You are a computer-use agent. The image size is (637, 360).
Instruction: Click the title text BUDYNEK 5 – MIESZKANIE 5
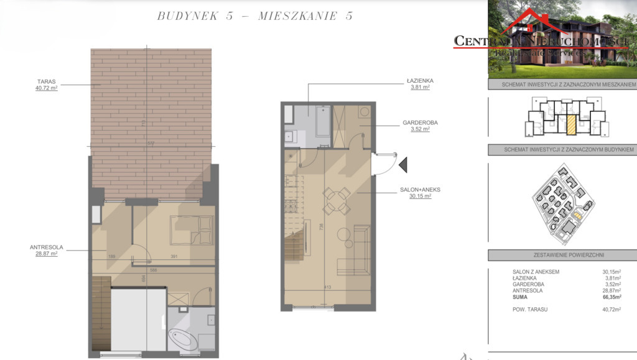click(x=255, y=16)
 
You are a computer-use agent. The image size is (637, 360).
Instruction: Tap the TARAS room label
click(x=47, y=81)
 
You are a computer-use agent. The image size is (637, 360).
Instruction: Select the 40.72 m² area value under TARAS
click(x=47, y=88)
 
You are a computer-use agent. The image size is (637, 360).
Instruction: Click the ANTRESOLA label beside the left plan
click(x=43, y=247)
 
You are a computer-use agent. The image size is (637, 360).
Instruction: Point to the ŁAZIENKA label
click(x=416, y=81)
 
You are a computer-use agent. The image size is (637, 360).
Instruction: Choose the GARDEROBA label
click(x=424, y=123)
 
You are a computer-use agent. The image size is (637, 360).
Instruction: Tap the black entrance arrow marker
click(x=402, y=164)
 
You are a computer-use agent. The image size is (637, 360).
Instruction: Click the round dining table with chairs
click(x=335, y=200)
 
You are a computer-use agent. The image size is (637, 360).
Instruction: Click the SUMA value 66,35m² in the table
click(x=611, y=298)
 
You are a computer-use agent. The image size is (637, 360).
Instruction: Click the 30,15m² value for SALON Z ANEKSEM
click(x=611, y=271)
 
